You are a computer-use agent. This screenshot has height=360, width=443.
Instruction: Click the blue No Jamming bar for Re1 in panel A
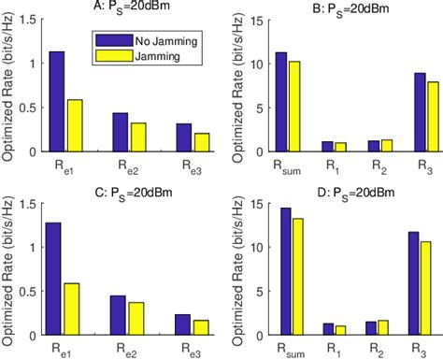[x=57, y=102]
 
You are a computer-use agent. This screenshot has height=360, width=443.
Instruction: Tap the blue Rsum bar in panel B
[x=280, y=102]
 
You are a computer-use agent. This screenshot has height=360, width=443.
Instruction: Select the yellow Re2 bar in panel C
[x=135, y=319]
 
